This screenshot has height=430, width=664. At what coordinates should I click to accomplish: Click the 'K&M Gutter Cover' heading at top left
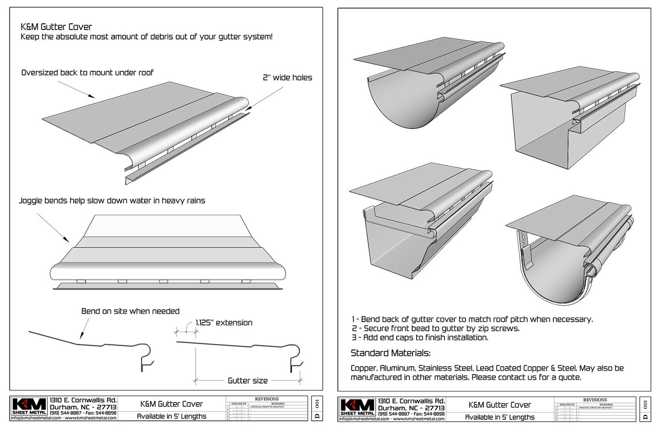pos(56,27)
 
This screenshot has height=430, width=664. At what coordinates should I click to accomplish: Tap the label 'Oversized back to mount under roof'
pos(87,73)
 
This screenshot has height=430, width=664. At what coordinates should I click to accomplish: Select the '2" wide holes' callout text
pos(287,77)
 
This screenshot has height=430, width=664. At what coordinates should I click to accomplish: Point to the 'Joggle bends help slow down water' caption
pos(112,201)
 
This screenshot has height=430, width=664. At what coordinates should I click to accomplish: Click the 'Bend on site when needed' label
pos(130,311)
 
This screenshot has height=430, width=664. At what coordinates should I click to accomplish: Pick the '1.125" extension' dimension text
pos(224,323)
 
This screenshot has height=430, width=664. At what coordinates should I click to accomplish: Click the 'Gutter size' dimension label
pos(247,380)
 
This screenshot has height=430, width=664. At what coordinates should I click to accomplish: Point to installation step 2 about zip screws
pos(436,329)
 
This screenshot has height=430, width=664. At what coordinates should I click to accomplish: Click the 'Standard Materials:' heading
pos(390,353)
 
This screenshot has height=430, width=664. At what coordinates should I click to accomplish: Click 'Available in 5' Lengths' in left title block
pos(171,416)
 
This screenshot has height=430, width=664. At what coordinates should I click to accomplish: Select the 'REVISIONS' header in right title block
pos(595,400)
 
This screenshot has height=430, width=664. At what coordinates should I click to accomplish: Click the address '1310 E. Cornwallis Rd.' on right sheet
pos(412,401)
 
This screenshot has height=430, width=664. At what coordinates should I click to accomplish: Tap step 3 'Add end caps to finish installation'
pos(420,337)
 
